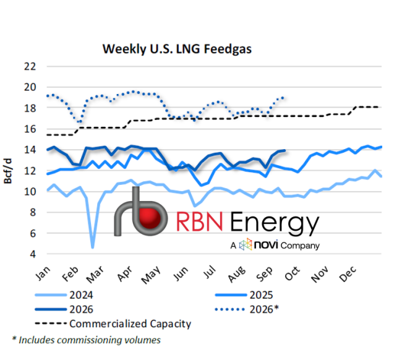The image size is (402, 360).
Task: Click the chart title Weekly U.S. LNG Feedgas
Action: tap(177, 49)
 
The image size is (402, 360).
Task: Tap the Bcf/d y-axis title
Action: tap(7, 171)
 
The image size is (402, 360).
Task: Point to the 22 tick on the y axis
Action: tap(30, 66)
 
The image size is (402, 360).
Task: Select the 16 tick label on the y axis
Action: tap(30, 129)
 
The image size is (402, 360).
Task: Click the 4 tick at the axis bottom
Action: tap(33, 254)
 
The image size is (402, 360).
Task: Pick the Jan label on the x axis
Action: tap(43, 273)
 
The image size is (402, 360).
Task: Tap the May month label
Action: tap(151, 275)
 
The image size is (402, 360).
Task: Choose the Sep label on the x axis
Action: tap(265, 274)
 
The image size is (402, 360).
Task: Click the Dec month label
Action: tap(348, 274)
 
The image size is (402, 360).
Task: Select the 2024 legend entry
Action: tap(64, 295)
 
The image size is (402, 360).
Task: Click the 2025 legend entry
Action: tap(244, 295)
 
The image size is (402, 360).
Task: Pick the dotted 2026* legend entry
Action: tap(247, 309)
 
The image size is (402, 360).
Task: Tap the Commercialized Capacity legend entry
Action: tap(113, 324)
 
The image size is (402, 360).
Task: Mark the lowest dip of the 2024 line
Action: tap(93, 247)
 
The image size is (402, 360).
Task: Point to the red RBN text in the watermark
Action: tap(199, 222)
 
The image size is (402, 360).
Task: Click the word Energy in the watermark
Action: tap(275, 223)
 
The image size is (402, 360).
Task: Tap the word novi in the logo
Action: tap(266, 244)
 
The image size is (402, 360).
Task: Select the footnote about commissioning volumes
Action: tap(86, 340)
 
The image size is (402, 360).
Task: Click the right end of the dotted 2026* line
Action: tap(283, 98)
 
